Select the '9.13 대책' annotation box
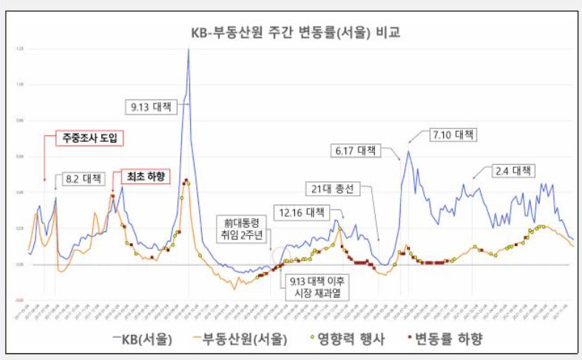[x=151, y=107]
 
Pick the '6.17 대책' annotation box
[x=356, y=151]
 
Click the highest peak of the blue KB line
[x=189, y=50]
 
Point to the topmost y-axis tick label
[x=18, y=49]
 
